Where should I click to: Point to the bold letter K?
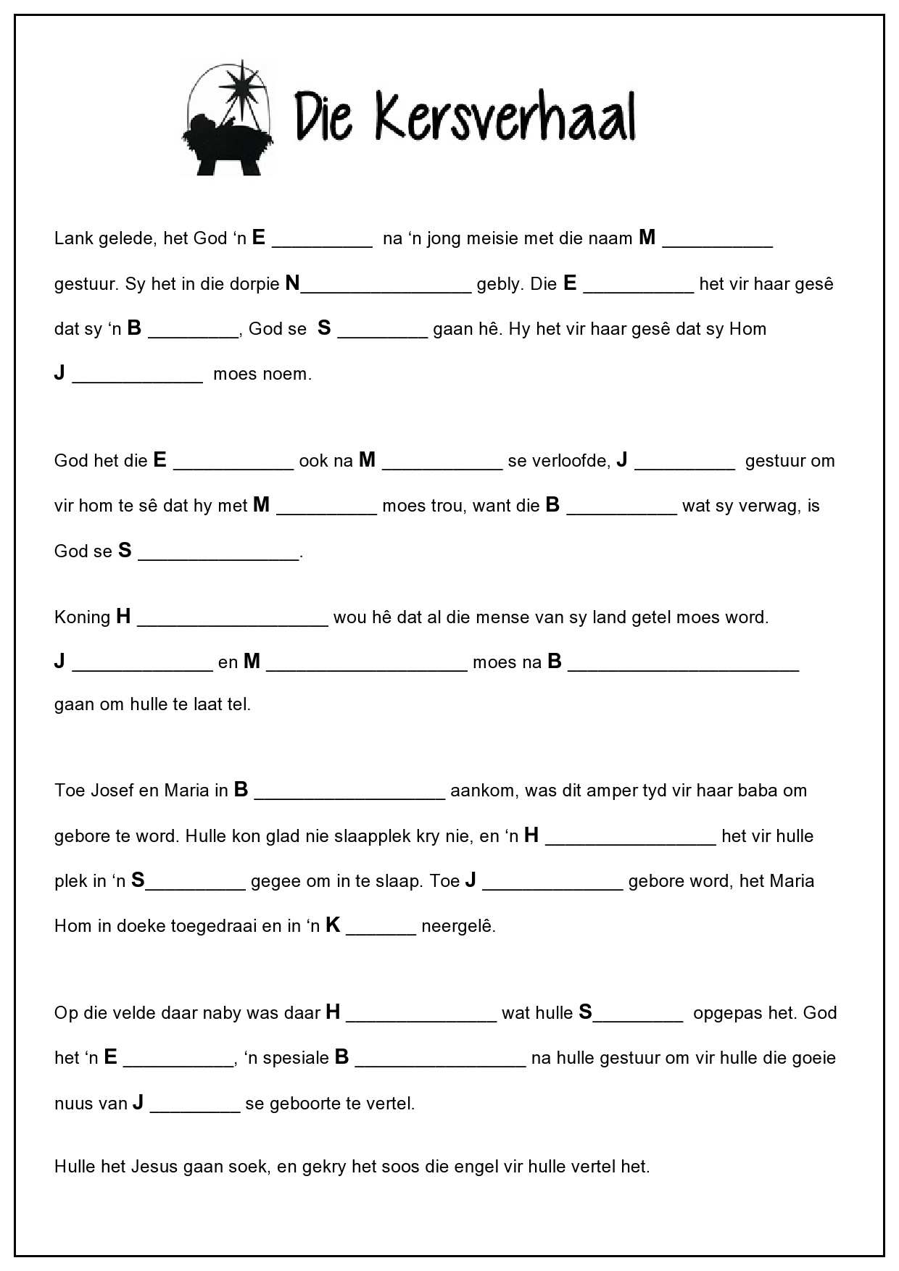pos(333,925)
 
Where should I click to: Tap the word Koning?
pos(82,618)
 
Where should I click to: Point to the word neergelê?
pos(458,926)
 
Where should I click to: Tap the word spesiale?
pos(296,1059)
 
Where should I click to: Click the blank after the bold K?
pos(381,932)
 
